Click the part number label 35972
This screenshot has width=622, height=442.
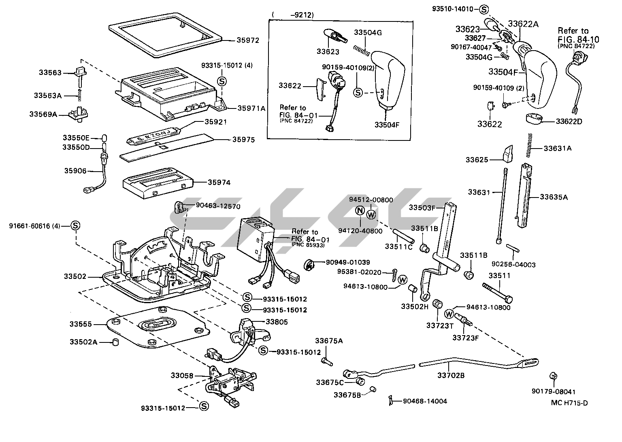point(248,40)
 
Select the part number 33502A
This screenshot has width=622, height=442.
point(83,342)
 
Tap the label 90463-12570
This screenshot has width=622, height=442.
point(218,206)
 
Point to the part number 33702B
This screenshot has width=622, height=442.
point(451,375)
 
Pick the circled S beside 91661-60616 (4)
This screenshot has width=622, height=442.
point(75,226)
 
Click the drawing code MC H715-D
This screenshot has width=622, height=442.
point(569,403)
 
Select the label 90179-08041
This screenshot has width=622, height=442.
point(554,392)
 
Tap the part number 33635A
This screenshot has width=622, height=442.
point(554,197)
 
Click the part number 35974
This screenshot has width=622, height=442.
point(219,183)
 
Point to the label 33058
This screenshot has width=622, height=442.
point(182,376)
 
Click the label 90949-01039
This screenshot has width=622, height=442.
point(348,262)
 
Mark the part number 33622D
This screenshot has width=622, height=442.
point(569,121)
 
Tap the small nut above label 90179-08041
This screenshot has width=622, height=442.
point(552,376)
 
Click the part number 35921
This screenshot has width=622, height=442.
point(215,122)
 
